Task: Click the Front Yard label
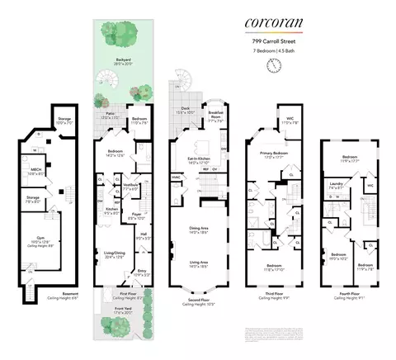click(123, 310)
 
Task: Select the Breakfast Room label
click(216, 113)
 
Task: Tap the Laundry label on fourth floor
click(336, 185)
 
